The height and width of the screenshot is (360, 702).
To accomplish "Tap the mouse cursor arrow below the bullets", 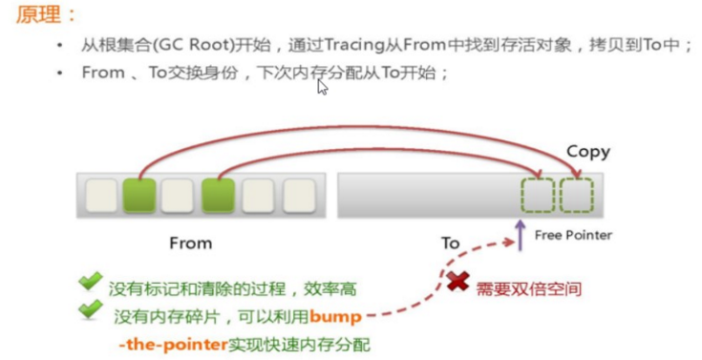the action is pos(323,87).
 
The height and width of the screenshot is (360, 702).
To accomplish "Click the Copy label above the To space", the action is pos(587,152).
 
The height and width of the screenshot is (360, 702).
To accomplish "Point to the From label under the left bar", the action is pos(190,243).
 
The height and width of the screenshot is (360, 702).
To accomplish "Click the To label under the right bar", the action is pos(450,243).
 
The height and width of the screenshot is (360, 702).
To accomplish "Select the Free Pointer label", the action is pos(573,235).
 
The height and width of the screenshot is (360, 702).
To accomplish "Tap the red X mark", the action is pos(457,283).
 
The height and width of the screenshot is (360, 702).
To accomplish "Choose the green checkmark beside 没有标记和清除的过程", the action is pos(91,281).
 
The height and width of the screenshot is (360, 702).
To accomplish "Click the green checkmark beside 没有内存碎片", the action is pos(91,307).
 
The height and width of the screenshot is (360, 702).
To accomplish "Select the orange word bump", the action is pos(333,314).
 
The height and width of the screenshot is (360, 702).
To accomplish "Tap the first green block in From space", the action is pos(139,196).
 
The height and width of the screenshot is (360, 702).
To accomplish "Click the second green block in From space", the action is pos(218,196).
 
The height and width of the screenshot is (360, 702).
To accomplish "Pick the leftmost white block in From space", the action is pos(101,196).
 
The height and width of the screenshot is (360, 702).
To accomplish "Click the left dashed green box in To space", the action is pos(538,195).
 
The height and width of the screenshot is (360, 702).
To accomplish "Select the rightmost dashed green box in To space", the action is pos(577,195).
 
